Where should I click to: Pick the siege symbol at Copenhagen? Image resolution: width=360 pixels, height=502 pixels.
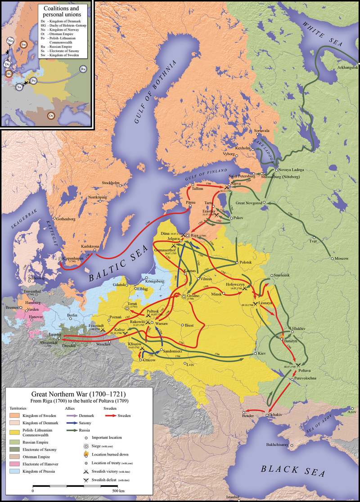click(x=60, y=259)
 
